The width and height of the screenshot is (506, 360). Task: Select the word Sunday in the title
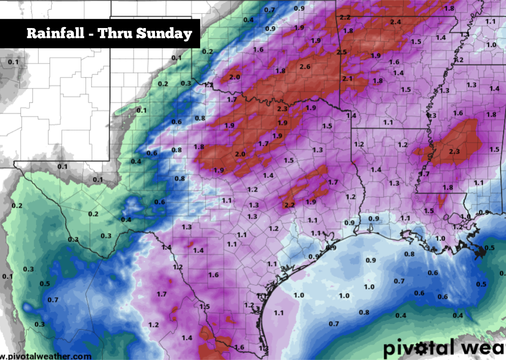[x=165, y=34]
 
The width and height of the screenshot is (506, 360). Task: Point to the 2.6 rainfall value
[x=305, y=67]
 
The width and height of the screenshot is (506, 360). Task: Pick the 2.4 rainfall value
[x=395, y=22]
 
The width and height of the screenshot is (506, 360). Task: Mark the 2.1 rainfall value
[x=347, y=79]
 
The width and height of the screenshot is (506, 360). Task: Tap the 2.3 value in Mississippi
[x=454, y=152]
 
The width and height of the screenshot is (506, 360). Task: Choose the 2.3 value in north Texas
[x=283, y=109]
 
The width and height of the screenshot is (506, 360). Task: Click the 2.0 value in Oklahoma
[x=235, y=77]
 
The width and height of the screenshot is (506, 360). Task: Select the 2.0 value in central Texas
[x=240, y=154]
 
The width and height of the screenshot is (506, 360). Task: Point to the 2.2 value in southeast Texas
[x=289, y=205]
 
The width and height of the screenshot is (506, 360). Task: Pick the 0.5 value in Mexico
[x=45, y=284]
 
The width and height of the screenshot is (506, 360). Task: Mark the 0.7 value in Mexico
[x=53, y=300]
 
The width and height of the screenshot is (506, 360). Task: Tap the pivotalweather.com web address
[x=46, y=356]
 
